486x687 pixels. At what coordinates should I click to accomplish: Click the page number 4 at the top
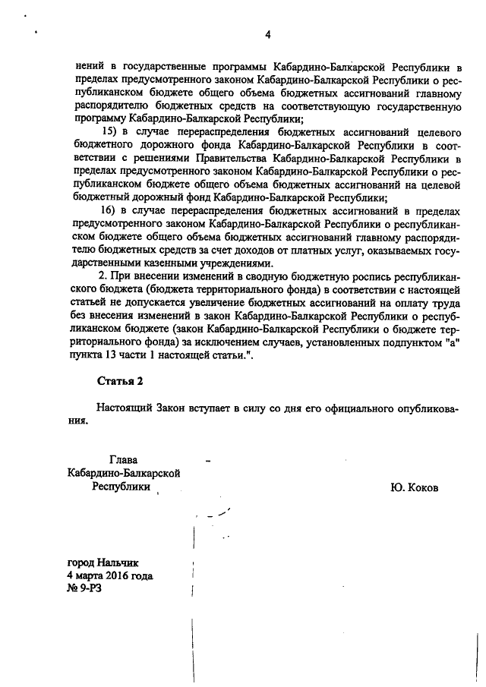(267, 34)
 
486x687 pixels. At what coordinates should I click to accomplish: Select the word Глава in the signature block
(125, 460)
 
